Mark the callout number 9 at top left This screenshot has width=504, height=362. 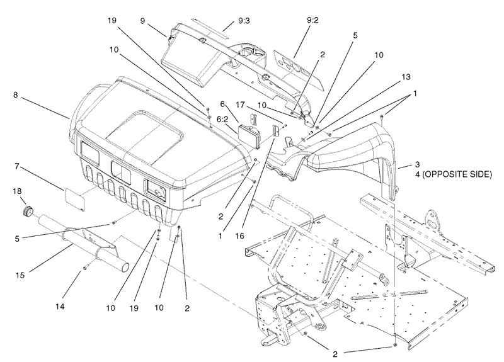(x=144, y=21)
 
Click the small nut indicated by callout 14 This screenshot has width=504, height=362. (x=84, y=269)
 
